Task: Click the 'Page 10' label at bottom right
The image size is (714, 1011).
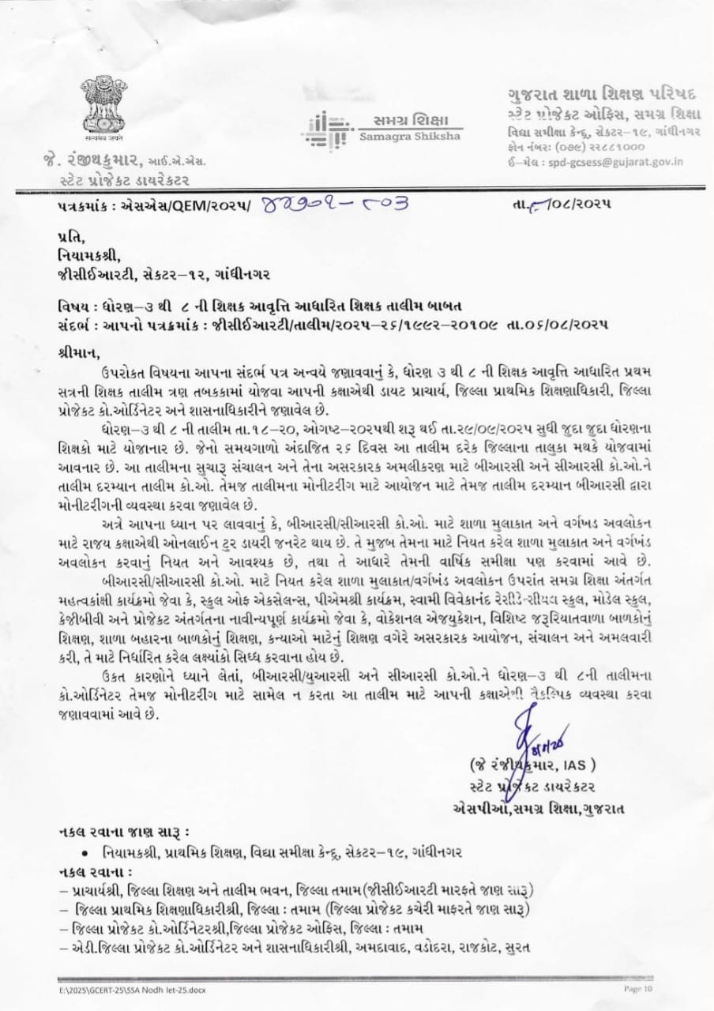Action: [639, 988]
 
